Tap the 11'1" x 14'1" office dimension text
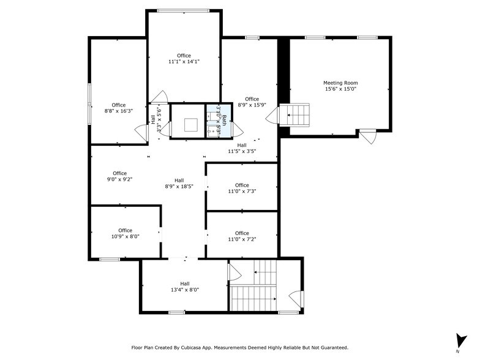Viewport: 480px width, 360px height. (184, 62)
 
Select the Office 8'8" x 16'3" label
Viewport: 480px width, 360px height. (118, 108)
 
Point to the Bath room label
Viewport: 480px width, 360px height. (224, 121)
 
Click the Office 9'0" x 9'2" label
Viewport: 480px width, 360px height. (119, 176)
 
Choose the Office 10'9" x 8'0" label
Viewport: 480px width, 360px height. (125, 233)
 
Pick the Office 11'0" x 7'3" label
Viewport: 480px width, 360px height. (242, 188)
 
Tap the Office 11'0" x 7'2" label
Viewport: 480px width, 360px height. (242, 236)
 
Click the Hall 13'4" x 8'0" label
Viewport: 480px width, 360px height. (184, 287)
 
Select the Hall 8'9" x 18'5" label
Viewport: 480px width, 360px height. (179, 183)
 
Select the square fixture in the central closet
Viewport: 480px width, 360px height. (190, 124)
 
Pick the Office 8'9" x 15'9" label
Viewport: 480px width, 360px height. (252, 102)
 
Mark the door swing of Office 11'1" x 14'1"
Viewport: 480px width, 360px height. (160, 97)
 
